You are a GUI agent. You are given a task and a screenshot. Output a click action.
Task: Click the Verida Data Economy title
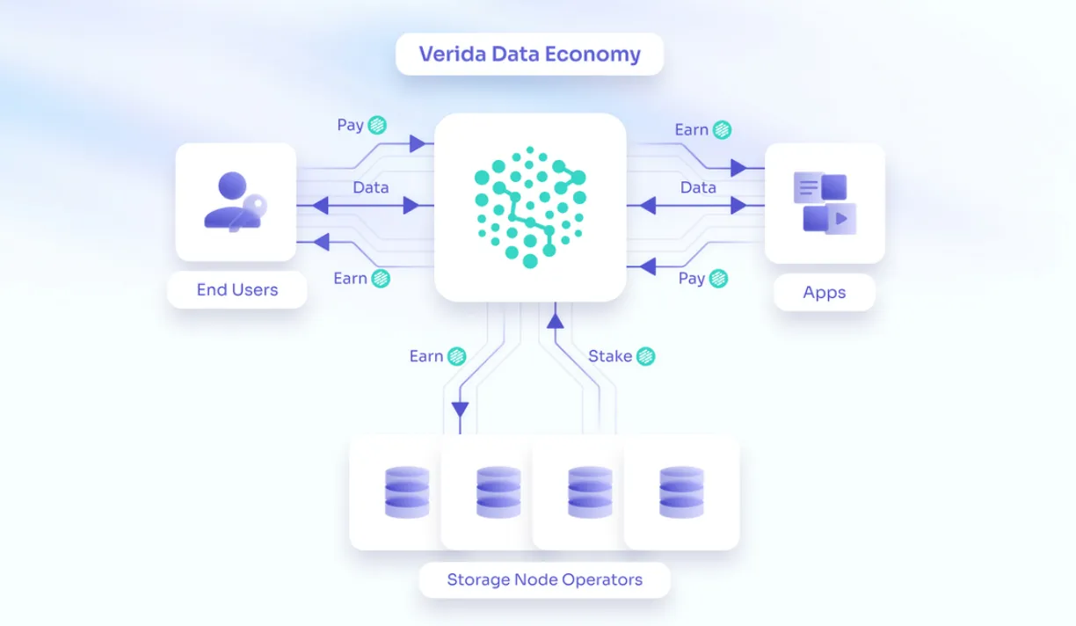pos(529,54)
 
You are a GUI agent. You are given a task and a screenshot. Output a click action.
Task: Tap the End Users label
pos(237,289)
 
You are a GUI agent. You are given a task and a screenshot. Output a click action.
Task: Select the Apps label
pos(825,292)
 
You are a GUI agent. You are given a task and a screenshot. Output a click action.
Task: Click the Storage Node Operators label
pos(545,579)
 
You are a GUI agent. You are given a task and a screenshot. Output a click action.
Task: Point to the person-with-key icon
pos(236,202)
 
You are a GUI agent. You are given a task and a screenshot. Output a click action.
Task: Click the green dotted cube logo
pos(530,207)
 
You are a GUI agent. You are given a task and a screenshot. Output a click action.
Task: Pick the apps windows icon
pos(825,203)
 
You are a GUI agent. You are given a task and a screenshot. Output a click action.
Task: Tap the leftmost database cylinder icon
pos(407,492)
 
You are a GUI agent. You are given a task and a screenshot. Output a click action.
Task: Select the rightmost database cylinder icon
pos(681,492)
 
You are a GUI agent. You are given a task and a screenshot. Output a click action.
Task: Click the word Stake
pos(610,356)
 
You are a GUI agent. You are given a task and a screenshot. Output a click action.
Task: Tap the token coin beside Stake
pos(645,356)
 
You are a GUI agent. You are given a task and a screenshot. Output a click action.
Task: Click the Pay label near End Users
pos(350,125)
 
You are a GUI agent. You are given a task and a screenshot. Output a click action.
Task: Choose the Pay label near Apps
pos(691,278)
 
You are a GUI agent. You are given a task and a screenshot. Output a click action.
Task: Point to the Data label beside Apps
pos(698,187)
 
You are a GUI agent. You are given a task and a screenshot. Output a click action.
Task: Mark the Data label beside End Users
pos(371,187)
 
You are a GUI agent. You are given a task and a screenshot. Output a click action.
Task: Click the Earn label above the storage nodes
pos(426,356)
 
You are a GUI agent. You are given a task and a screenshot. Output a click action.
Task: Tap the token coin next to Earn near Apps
pos(722,130)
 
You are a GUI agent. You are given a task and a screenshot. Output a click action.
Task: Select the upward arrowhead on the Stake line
pos(556,321)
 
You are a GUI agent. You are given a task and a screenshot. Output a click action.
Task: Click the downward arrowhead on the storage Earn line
pos(460,410)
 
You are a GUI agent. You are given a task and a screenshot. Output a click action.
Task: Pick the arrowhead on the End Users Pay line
pos(418,143)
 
